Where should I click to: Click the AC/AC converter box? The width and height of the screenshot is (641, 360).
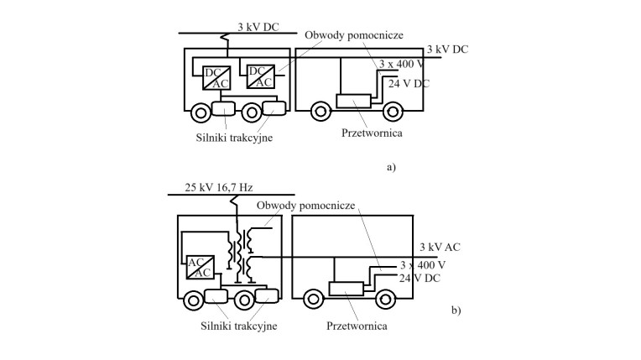[x=200, y=267]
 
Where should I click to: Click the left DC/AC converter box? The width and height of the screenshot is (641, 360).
[x=216, y=78]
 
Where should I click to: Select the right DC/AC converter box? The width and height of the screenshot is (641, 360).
[x=260, y=76]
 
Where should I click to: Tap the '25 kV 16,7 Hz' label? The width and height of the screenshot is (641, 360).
[x=219, y=187]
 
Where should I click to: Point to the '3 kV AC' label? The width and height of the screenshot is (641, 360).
[x=440, y=247]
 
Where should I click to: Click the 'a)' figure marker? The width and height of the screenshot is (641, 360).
[x=391, y=167]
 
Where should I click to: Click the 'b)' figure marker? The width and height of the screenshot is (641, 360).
[x=456, y=310]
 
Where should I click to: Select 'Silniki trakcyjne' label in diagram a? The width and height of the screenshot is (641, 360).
[x=234, y=138]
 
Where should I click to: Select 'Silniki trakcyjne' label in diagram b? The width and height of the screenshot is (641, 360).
[x=239, y=326]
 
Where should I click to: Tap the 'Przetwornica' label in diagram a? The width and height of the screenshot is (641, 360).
[x=372, y=133]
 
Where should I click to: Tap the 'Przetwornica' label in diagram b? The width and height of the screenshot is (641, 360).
[x=357, y=326]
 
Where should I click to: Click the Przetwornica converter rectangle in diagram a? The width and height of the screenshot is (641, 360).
[x=353, y=101]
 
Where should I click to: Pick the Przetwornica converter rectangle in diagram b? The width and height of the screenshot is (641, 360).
[x=347, y=289]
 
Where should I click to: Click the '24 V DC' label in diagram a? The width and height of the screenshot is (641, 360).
[x=409, y=84]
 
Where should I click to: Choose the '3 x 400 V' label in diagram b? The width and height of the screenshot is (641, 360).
[x=423, y=265]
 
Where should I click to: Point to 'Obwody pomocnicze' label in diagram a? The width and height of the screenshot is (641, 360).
[x=354, y=35]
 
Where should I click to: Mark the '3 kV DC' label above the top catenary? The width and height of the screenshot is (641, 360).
[x=258, y=27]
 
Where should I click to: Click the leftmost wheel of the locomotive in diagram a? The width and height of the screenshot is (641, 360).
[x=201, y=113]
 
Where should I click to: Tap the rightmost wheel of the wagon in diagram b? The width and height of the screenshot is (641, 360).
[x=385, y=300]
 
